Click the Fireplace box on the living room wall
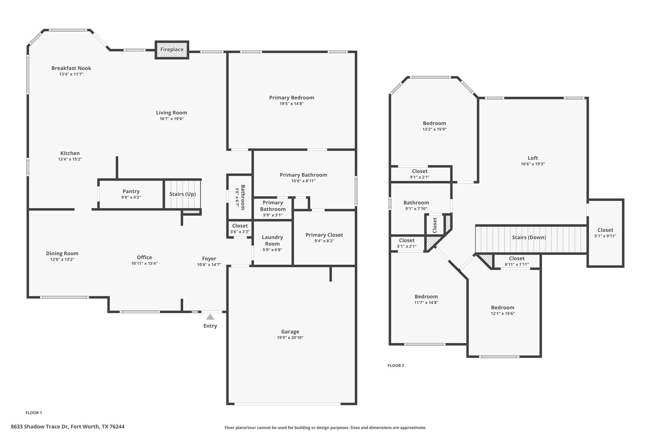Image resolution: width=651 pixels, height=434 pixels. tap(172, 50)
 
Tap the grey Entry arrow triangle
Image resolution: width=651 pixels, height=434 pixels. tap(210, 317)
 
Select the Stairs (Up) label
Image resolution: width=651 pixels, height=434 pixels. tap(182, 194)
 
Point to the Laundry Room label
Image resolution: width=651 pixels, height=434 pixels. tap(272, 240)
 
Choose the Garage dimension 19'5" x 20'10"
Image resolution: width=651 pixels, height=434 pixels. tap(290, 338)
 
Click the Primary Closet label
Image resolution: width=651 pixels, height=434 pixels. tap(324, 235)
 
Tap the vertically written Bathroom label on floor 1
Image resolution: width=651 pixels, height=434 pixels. tap(243, 197)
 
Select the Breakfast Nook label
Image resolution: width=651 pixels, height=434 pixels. tap(71, 68)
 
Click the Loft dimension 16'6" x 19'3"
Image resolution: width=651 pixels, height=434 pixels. tap(532, 164)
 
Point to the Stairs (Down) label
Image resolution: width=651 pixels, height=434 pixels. tap(529, 238)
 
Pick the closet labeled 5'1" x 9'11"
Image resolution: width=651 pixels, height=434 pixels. tap(605, 233)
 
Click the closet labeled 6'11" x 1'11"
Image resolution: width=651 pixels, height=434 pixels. tap(517, 261)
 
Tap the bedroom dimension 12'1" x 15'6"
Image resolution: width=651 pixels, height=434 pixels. tap(503, 313)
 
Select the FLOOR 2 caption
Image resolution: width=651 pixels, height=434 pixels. tap(396, 366)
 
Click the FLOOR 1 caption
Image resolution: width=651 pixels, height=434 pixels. tap(34, 413)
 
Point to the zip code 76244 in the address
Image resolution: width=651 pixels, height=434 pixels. tap(117, 427)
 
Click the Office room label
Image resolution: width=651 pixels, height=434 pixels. tap(144, 258)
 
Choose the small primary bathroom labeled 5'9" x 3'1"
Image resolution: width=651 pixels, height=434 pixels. tap(273, 209)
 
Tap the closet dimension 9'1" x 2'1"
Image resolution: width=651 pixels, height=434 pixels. tap(420, 177)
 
